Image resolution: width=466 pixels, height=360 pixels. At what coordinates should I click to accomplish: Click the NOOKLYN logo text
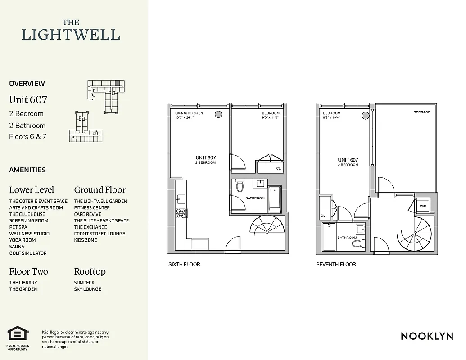(x=427, y=336)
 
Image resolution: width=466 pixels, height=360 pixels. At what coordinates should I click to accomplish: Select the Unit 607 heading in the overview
(x=28, y=99)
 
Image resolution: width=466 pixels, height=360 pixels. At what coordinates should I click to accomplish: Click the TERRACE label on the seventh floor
(x=422, y=112)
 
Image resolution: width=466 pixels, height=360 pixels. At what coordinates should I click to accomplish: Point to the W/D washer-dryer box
(x=423, y=206)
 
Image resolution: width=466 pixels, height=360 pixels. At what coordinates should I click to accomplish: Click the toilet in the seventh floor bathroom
(x=358, y=243)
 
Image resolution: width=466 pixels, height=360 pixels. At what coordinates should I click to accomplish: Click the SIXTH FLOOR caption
(x=184, y=264)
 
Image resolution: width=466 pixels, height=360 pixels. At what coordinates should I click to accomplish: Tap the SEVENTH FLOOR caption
(x=336, y=264)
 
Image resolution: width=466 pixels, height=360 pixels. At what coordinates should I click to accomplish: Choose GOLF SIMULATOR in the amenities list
(x=28, y=253)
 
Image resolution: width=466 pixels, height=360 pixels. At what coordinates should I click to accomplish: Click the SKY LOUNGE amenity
(x=87, y=289)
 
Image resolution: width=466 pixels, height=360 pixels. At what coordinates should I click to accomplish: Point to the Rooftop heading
(x=90, y=271)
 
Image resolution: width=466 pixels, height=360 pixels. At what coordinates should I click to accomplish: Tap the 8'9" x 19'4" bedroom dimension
(x=331, y=118)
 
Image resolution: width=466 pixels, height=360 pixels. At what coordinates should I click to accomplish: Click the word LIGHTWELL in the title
(x=71, y=35)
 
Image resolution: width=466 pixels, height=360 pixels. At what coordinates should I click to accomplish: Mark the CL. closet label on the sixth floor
(x=279, y=168)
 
